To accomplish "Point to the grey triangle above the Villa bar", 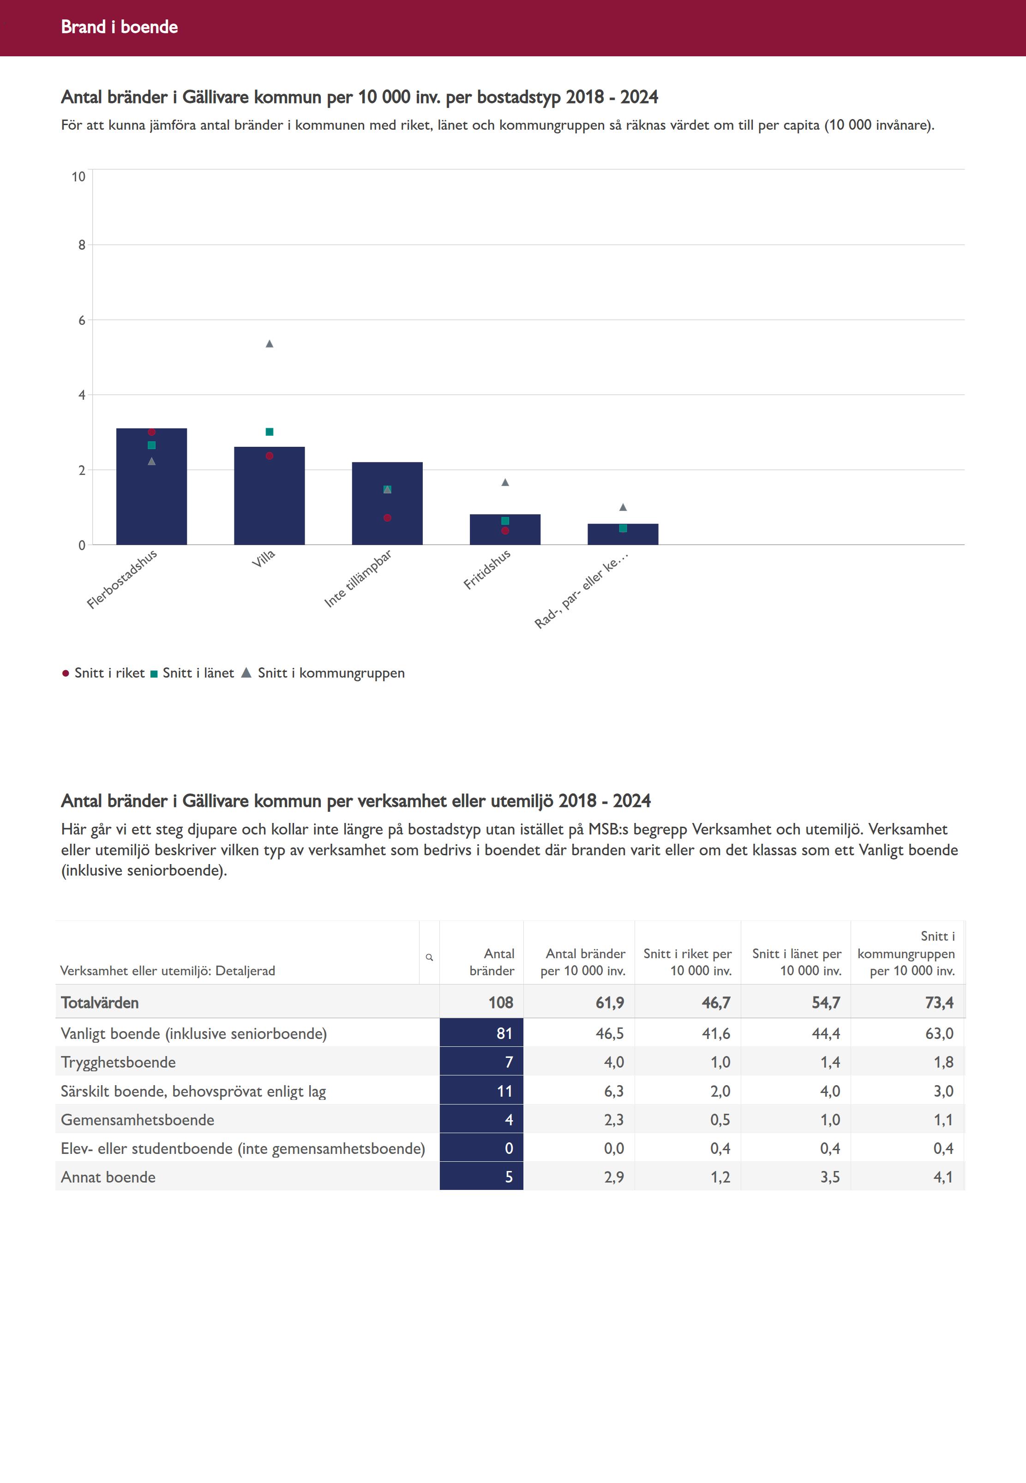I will click(x=270, y=344).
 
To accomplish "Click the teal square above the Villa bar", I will click(x=270, y=432).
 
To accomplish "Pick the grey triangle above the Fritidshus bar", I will click(x=505, y=482).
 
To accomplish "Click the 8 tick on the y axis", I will click(x=82, y=245).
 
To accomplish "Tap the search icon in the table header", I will click(x=429, y=957).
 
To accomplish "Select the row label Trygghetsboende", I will click(x=118, y=1062).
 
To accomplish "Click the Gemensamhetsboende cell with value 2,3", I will click(x=613, y=1120).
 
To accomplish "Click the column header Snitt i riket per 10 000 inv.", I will click(x=687, y=962).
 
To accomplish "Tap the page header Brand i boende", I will click(x=120, y=27).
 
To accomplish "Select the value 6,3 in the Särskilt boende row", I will click(x=613, y=1091).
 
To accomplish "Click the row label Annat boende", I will click(x=108, y=1177).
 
